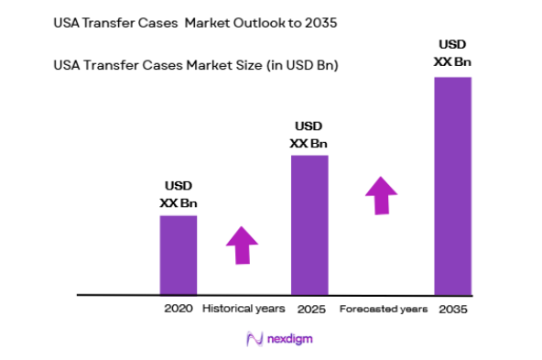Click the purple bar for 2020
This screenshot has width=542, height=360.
179,255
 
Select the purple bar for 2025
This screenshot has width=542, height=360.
309,224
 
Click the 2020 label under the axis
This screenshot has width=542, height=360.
179,309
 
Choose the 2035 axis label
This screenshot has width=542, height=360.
452,310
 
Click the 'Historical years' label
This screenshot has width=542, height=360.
244,309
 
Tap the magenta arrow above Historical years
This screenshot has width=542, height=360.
242,244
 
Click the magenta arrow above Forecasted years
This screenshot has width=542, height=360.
381,194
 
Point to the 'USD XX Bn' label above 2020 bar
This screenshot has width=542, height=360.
179,195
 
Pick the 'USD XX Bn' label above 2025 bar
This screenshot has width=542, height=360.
309,135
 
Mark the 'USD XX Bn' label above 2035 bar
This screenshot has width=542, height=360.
452,52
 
